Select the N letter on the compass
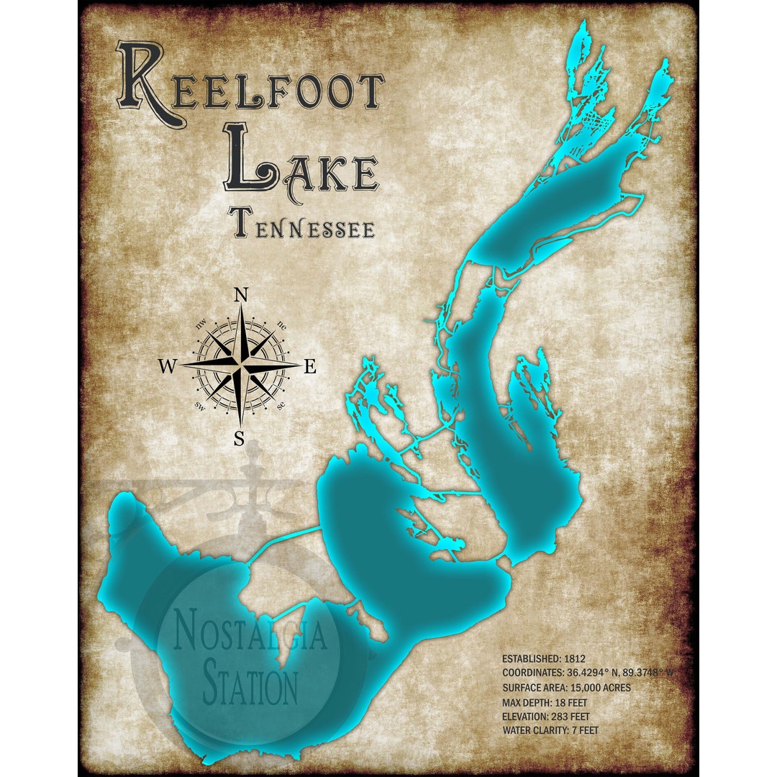pyautogui.click(x=242, y=296)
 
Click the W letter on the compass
pyautogui.click(x=166, y=367)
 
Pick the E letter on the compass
pyautogui.click(x=310, y=367)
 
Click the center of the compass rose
pyautogui.click(x=242, y=365)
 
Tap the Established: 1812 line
pyautogui.click(x=543, y=658)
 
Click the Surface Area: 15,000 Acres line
pyautogui.click(x=566, y=687)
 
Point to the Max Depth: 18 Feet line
pyautogui.click(x=547, y=701)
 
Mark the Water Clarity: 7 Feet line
pyautogui.click(x=550, y=730)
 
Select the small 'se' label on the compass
pyautogui.click(x=281, y=406)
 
